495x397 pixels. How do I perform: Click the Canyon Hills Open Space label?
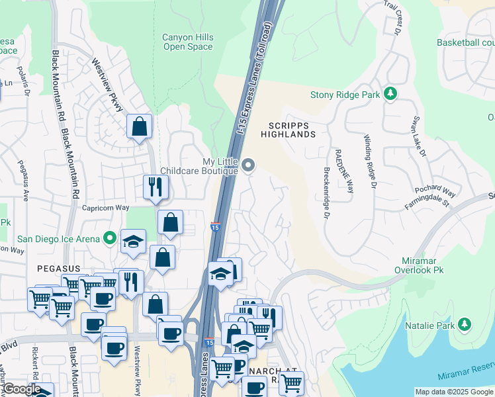[x=187, y=42]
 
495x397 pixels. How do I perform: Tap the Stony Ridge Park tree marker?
[x=391, y=95]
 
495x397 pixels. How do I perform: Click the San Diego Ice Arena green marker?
[x=109, y=239]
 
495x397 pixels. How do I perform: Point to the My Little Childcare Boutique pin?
[x=249, y=165]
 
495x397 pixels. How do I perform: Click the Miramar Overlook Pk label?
[x=426, y=265]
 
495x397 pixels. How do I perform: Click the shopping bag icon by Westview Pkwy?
[x=140, y=126]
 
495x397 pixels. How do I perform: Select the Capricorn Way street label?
[x=105, y=208]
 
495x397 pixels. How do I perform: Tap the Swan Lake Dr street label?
[x=418, y=138]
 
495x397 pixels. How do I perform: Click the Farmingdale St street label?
[x=427, y=202]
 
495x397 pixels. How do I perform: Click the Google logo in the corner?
[x=21, y=390]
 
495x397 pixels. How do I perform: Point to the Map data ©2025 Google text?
[x=454, y=392]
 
